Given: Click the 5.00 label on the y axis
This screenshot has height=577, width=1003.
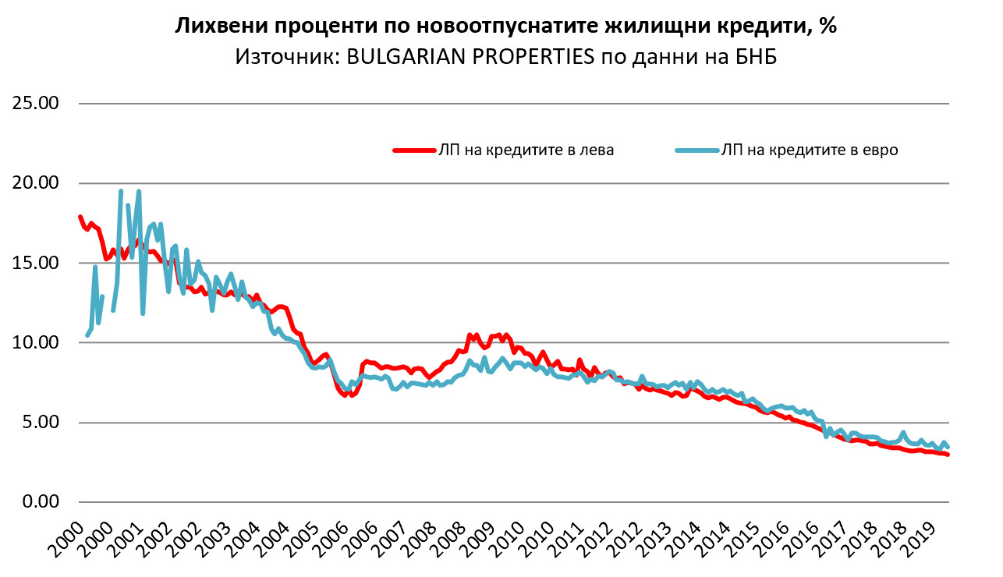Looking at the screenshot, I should coord(41,423).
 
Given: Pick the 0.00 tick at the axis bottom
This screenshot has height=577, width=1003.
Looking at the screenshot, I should coord(41,502).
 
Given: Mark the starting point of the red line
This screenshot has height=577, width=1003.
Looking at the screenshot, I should coord(80,217).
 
